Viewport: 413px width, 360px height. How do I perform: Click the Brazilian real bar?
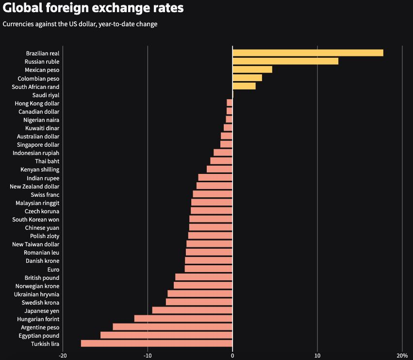click(x=308, y=53)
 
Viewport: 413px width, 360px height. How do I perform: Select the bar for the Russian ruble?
click(x=285, y=61)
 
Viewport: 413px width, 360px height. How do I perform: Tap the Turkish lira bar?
click(x=157, y=343)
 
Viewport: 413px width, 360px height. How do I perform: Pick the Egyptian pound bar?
click(x=166, y=335)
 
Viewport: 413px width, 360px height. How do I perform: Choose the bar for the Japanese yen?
click(x=192, y=310)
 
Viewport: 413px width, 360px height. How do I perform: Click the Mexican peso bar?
click(x=252, y=69)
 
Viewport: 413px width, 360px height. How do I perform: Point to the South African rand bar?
click(x=244, y=86)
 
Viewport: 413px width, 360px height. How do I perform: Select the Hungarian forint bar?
click(x=183, y=319)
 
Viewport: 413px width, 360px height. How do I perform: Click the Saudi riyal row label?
click(x=46, y=95)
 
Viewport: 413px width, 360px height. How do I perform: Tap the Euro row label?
click(x=53, y=269)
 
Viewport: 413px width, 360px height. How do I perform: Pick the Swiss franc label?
click(x=45, y=194)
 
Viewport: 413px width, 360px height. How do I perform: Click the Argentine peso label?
click(x=40, y=327)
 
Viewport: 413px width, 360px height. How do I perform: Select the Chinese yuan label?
click(x=42, y=227)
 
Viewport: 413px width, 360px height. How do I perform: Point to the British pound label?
click(x=42, y=277)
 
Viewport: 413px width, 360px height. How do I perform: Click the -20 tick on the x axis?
click(x=63, y=355)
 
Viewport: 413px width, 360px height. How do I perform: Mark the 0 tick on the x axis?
click(x=232, y=355)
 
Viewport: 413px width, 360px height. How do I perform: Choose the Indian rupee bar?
click(x=215, y=178)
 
